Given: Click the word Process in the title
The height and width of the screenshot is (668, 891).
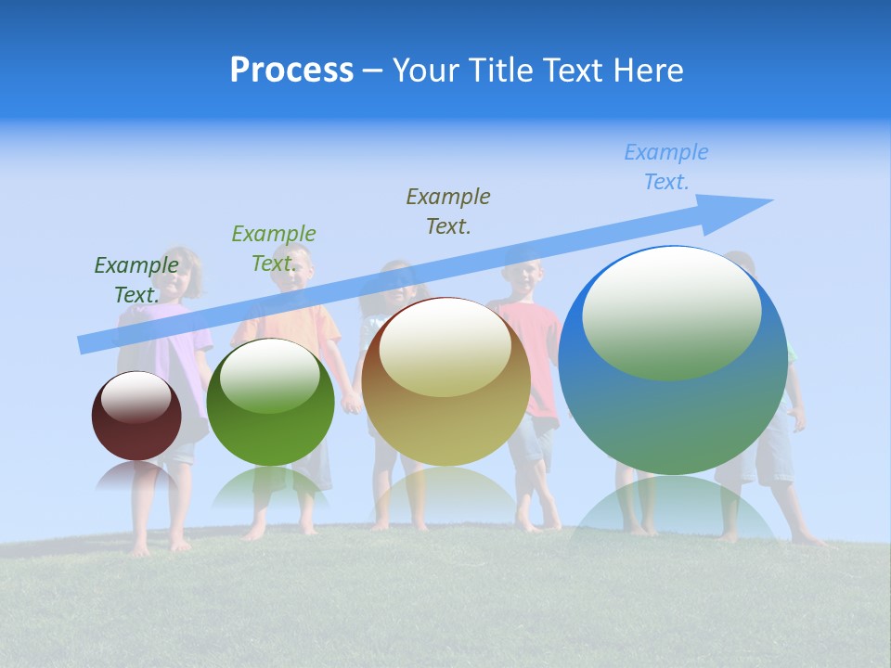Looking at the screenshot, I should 291,70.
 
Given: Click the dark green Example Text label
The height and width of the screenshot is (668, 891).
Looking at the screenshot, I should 136,280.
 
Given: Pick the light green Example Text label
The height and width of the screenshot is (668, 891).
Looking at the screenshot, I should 274,249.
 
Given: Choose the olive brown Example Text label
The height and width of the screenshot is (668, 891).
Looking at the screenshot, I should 448,211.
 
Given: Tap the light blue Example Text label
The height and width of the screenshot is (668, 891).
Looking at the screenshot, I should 666,167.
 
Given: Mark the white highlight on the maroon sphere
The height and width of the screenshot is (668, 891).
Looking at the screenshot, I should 136,396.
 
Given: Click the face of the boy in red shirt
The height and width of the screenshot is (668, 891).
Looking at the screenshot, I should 525,276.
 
